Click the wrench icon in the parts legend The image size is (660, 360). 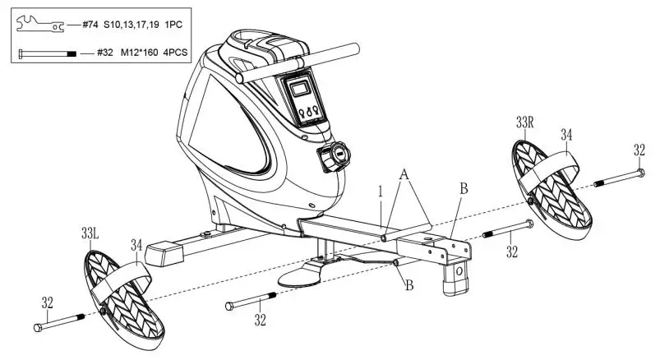37,25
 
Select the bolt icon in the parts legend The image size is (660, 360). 45,53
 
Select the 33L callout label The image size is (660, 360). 91,234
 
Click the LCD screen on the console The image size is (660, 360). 299,87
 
